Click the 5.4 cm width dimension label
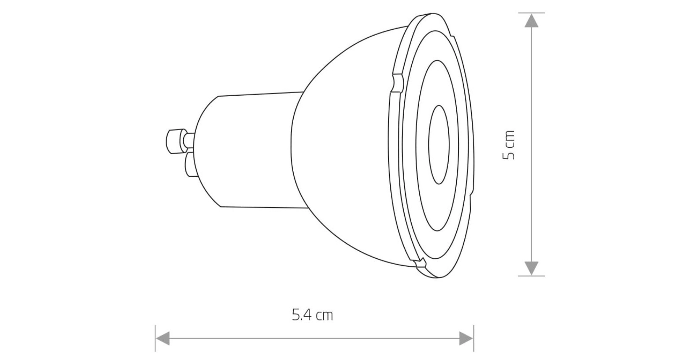[312, 315]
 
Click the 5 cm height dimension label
[509, 145]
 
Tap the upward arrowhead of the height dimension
[531, 21]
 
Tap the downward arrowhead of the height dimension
[531, 268]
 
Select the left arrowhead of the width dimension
[163, 339]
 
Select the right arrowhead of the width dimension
[466, 339]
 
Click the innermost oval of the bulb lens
[439, 145]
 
